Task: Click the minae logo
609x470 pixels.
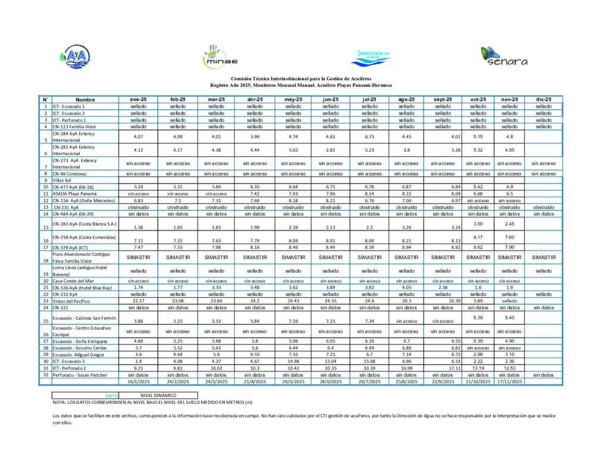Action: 220,56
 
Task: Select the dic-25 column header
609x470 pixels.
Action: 544,99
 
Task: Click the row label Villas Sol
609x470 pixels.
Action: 62,180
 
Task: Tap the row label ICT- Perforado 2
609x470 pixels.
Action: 70,368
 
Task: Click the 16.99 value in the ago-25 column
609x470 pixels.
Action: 406,368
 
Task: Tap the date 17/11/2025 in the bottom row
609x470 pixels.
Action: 510,381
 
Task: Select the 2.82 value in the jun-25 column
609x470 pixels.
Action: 331,150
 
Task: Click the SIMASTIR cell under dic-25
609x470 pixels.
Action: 544,257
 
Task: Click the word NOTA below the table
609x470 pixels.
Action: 59,402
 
